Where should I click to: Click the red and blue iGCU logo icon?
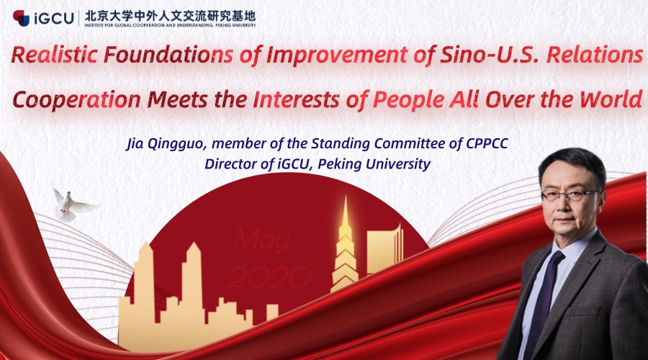click(x=21, y=18)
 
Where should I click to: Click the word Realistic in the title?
click(x=54, y=55)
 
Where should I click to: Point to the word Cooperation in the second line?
click(x=77, y=100)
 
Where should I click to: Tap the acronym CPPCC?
click(x=487, y=143)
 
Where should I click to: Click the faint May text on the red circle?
click(x=264, y=240)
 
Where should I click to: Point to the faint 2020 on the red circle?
click(x=269, y=276)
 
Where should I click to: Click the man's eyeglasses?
click(x=571, y=194)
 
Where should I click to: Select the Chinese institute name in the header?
click(x=170, y=16)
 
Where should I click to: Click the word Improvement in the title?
click(x=337, y=55)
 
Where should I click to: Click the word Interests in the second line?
click(x=296, y=99)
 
